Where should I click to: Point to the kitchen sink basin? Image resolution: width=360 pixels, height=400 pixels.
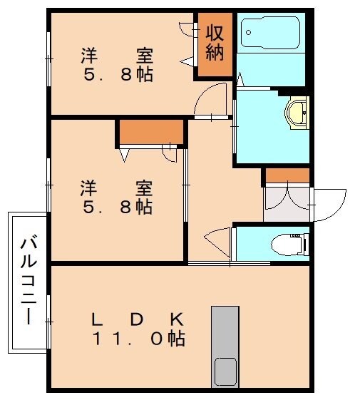point(226,371)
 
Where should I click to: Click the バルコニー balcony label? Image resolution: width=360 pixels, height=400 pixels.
point(28,281)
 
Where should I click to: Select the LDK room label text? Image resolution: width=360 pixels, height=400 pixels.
point(138,319)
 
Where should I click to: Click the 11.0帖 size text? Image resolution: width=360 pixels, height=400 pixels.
point(138,339)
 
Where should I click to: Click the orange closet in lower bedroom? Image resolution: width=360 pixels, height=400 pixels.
point(150,133)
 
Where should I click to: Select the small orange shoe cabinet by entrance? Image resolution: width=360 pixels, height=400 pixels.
point(287,175)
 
